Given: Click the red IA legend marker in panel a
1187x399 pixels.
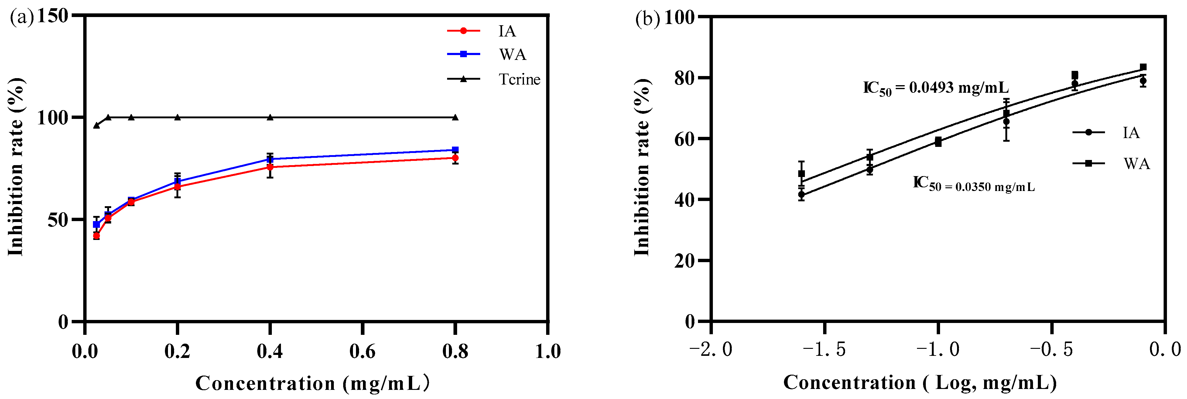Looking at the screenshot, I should pyautogui.click(x=464, y=31).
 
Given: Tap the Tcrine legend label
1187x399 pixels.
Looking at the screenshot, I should pyautogui.click(x=519, y=79).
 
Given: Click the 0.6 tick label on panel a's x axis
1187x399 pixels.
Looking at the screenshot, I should pyautogui.click(x=362, y=352).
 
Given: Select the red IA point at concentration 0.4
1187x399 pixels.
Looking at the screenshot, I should pyautogui.click(x=270, y=167).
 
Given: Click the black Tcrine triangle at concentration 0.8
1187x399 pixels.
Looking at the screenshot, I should pyautogui.click(x=455, y=117).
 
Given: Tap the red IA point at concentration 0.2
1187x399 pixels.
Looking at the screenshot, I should pyautogui.click(x=177, y=187).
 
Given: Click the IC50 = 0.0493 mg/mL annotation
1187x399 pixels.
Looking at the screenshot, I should pyautogui.click(x=936, y=88).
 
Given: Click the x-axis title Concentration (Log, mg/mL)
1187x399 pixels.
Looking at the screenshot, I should pyautogui.click(x=920, y=382).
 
